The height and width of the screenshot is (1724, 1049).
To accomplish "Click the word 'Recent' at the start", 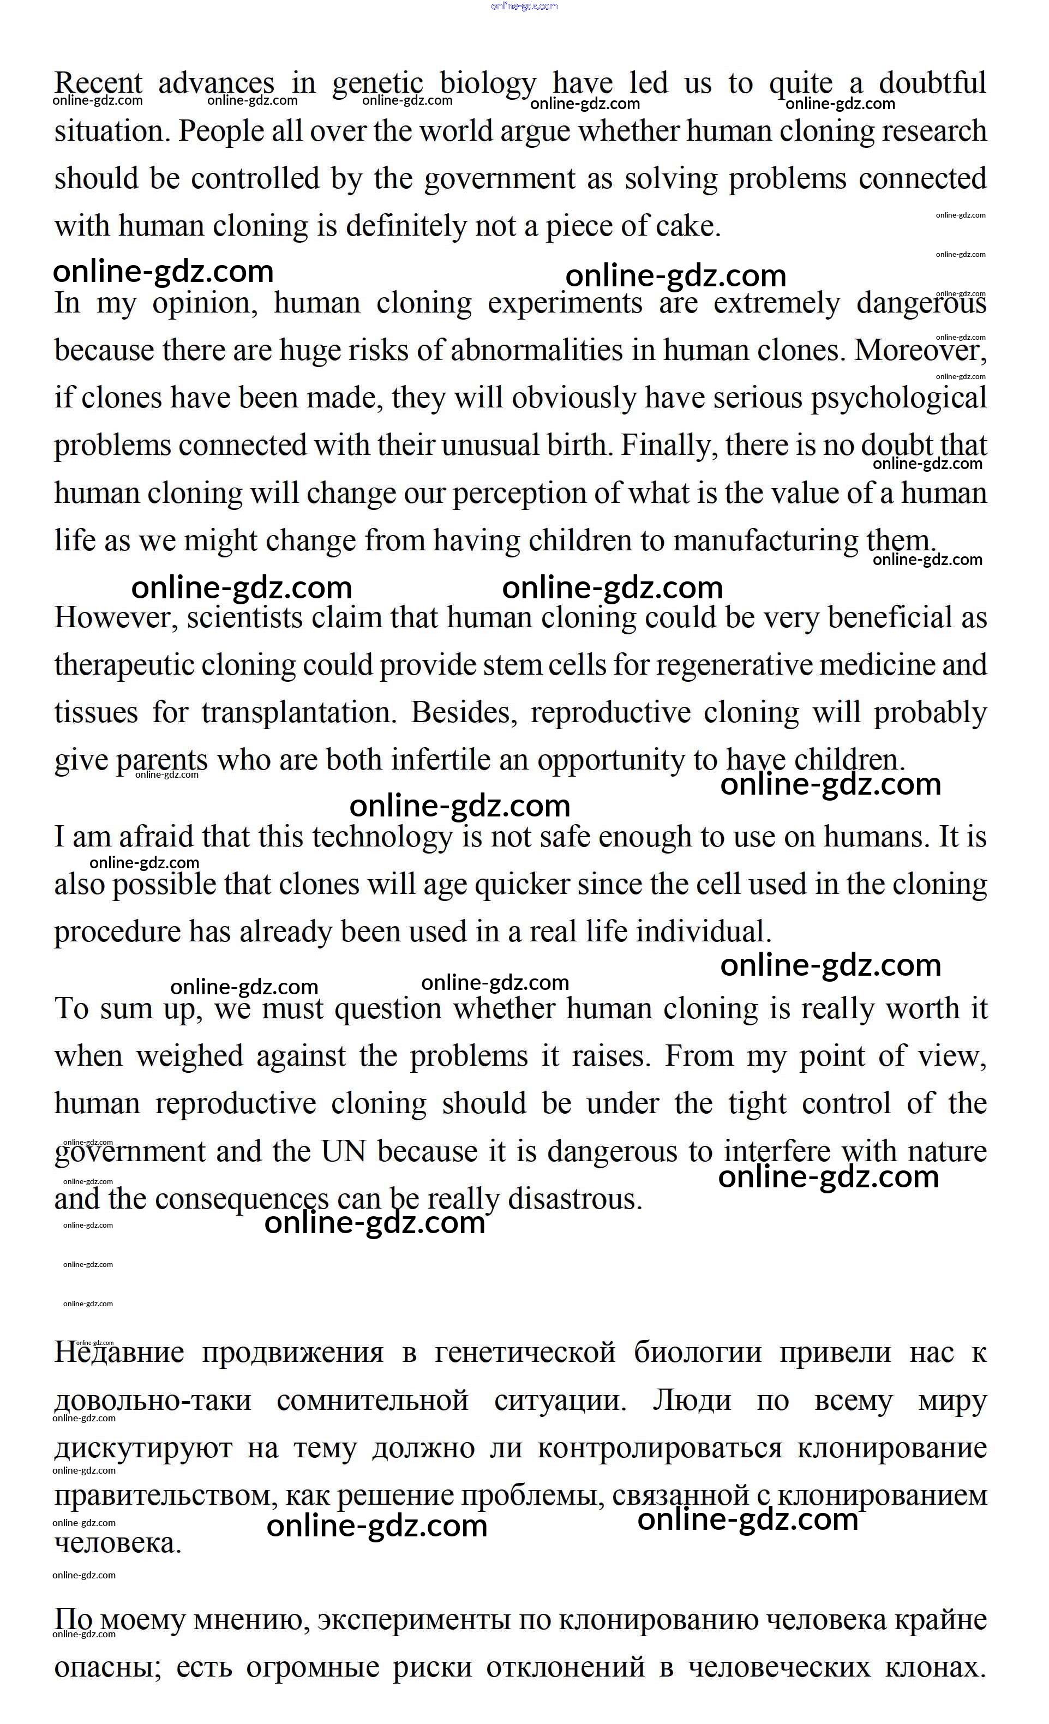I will coord(98,84).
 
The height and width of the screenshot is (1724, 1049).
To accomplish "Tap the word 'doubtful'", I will coord(932,84).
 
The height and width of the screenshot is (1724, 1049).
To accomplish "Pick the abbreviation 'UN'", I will coord(343,1152).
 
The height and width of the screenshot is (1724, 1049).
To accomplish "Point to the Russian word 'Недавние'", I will coord(119,1353).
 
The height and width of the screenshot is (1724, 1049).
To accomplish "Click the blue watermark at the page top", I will coord(524,7).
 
